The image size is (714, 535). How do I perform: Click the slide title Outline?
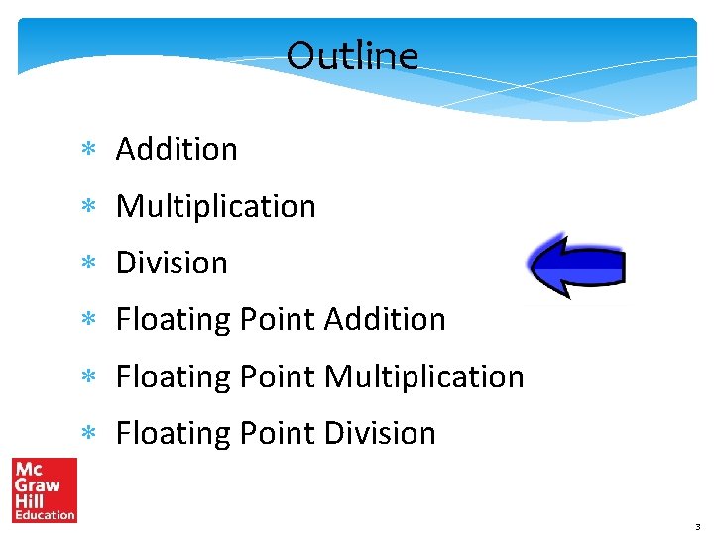[x=352, y=54]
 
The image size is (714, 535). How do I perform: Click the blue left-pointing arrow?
[x=576, y=267]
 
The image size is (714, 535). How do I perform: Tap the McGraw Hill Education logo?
[x=45, y=489]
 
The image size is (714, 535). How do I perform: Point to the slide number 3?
[x=698, y=526]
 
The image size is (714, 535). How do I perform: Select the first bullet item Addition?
[x=177, y=149]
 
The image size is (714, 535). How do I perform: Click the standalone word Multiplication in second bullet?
[x=215, y=206]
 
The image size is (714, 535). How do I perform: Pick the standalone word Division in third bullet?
[x=172, y=263]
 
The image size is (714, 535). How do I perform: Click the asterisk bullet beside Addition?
[x=87, y=150]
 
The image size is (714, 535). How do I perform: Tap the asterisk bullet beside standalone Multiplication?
[x=87, y=207]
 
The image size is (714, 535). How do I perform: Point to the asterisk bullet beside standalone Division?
[x=87, y=264]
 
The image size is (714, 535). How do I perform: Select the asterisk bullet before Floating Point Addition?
[x=87, y=320]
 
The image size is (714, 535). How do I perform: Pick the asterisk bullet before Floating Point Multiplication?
[x=87, y=377]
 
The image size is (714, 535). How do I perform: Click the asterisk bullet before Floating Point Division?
[x=87, y=434]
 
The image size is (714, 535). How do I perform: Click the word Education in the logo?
[x=45, y=514]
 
